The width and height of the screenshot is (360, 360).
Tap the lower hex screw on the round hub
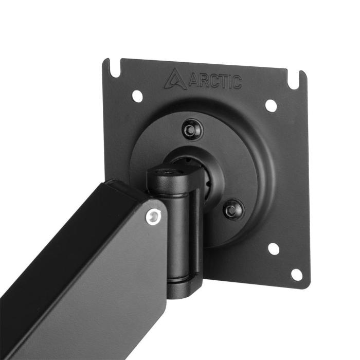(x=234, y=208)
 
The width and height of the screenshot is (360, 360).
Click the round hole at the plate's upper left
(x=137, y=96)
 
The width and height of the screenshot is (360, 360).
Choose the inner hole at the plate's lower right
(x=274, y=249)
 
